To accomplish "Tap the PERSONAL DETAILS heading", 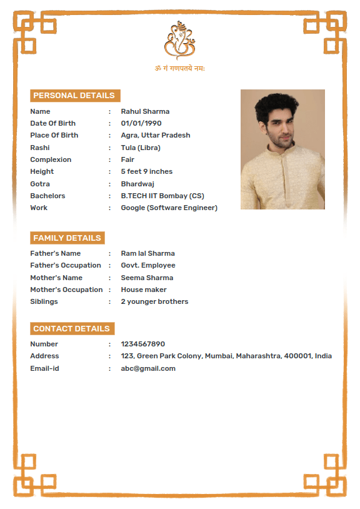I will coord(74,96).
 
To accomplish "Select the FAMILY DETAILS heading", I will coord(67,238).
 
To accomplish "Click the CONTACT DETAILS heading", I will coord(72,329).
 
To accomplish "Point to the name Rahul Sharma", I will coord(145,111).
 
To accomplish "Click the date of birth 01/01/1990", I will coord(141,123).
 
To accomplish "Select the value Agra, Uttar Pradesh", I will coord(156,135).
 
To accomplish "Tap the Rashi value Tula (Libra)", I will coord(141,148).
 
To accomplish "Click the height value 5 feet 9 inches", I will coord(147,171).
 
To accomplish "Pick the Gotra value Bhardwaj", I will coord(137,184).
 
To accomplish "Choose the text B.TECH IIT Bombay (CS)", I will coord(162,196).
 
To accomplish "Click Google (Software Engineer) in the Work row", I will coord(169,208).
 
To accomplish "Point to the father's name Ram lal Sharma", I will coord(148,253).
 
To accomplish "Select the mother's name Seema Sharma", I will coord(147,278).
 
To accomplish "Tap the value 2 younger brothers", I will coord(154,301).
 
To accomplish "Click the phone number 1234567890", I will coord(143,344).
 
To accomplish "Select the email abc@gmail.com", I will coord(148,368).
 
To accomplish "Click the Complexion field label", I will coord(51,159).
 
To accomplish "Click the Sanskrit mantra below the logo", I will coord(180,68).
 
